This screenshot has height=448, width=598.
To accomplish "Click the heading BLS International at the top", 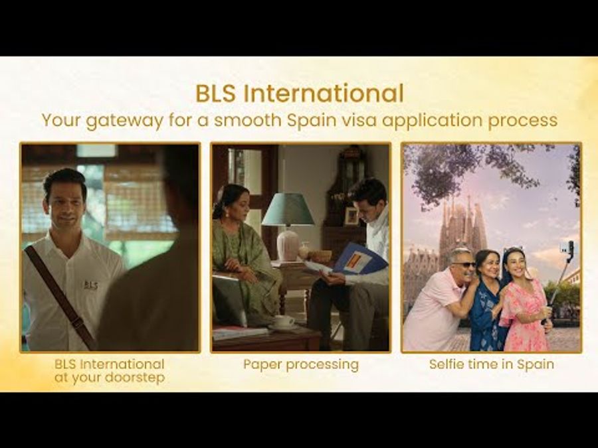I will pyautogui.click(x=299, y=94).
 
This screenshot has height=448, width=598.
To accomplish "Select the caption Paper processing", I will pyautogui.click(x=300, y=364).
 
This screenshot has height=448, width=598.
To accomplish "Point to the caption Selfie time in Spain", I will pyautogui.click(x=491, y=364).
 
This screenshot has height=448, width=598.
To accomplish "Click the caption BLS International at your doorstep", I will pyautogui.click(x=110, y=370).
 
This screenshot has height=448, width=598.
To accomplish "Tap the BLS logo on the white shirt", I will pyautogui.click(x=90, y=285).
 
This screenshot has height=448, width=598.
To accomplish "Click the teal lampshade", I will pyautogui.click(x=288, y=210).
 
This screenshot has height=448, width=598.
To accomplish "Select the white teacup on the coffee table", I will pyautogui.click(x=284, y=321).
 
